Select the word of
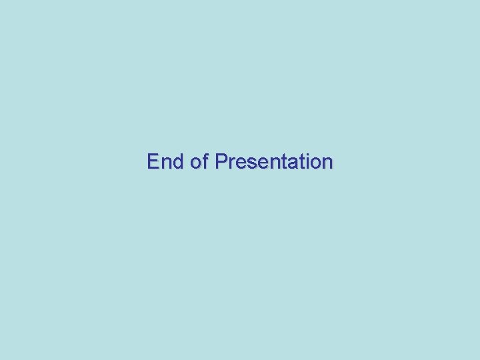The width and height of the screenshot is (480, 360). point(200,162)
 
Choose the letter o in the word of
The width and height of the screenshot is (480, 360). point(196,163)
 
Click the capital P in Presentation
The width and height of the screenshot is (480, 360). point(221,162)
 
